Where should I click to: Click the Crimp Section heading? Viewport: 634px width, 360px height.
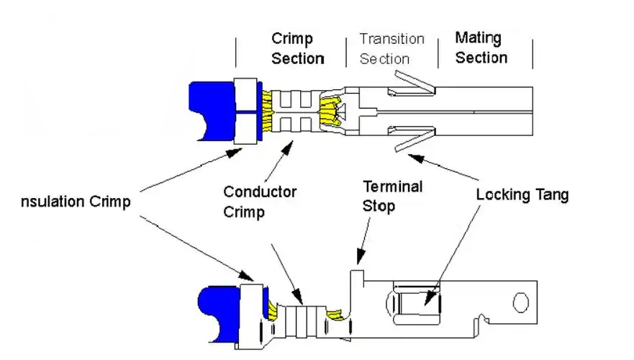[298, 48]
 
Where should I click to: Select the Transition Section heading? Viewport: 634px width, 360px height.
[391, 49]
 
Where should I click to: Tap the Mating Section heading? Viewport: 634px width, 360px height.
[481, 48]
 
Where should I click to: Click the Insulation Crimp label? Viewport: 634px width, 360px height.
[76, 202]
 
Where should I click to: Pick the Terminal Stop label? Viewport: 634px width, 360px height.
[392, 197]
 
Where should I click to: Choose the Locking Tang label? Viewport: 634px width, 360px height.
[522, 194]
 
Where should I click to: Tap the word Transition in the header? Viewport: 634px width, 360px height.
[391, 39]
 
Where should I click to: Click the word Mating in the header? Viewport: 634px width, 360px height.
[478, 38]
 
